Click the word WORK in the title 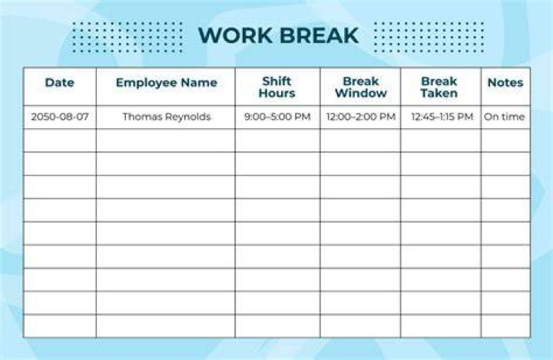235,35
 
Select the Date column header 60,82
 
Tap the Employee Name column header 167,82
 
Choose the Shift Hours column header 276,87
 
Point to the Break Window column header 361,87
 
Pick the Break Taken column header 439,87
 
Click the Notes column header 505,82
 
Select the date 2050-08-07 60,117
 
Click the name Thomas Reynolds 167,117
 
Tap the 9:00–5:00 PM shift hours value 277,117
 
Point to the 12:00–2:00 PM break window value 361,117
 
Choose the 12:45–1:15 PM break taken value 442,117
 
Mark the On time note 505,117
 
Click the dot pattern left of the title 127,38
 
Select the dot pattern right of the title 429,38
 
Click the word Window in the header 361,93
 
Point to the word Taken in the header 439,93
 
